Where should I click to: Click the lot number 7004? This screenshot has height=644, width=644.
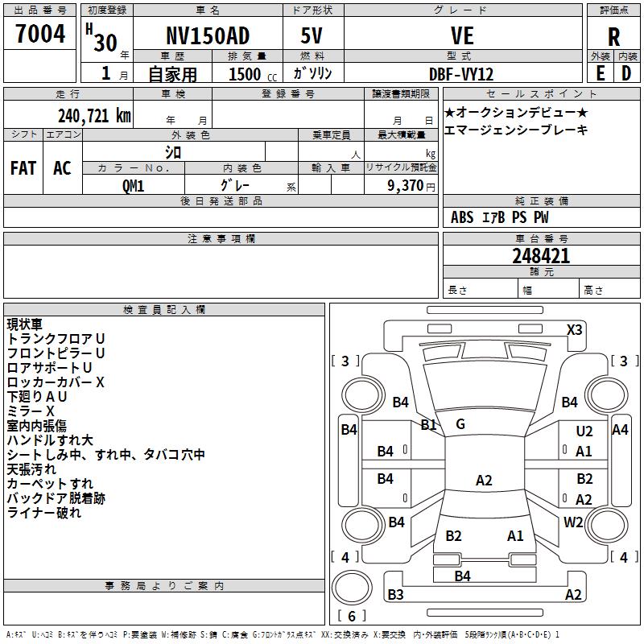tap(39, 35)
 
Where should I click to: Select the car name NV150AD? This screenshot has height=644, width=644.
tap(207, 36)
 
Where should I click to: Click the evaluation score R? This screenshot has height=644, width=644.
tap(613, 36)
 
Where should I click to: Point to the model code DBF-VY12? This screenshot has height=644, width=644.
tap(461, 73)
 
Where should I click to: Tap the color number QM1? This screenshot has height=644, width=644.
tap(133, 185)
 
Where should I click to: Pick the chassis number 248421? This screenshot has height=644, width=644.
tap(541, 256)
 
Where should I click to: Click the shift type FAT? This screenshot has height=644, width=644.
tap(23, 168)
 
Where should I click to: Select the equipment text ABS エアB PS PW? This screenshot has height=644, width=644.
tap(500, 217)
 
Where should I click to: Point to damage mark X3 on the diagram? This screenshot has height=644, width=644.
tap(575, 329)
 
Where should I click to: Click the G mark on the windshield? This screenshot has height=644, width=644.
tap(460, 423)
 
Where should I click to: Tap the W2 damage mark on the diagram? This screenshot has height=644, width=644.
tap(573, 522)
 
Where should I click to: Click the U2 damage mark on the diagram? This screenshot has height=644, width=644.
tap(584, 432)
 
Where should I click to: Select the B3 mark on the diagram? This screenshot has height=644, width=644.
tap(395, 595)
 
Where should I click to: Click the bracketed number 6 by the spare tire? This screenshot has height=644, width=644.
tap(352, 616)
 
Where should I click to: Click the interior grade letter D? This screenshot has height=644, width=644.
tap(626, 73)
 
